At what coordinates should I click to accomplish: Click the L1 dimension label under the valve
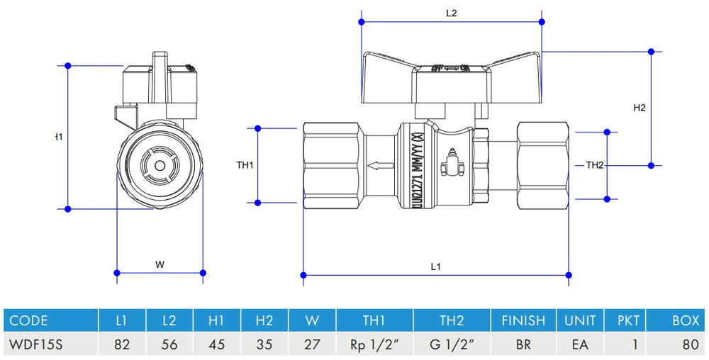point(435,266)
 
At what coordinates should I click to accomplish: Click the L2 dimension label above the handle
point(451,13)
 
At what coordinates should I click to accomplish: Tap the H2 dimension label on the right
point(640,108)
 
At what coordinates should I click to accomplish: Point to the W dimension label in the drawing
point(160,264)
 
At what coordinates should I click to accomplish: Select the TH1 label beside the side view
point(245,165)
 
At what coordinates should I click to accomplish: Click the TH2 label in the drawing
point(595,165)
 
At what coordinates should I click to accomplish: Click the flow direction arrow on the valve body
point(381,167)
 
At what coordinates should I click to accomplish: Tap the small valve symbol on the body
point(449,168)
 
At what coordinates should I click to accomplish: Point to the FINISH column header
point(523,320)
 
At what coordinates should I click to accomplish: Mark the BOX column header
point(686,320)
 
